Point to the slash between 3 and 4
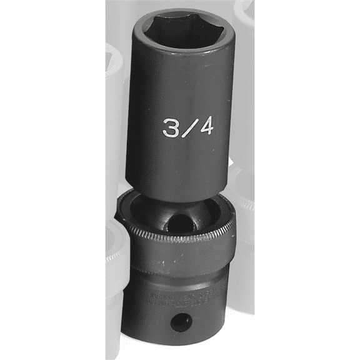pyautogui.click(x=188, y=128)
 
